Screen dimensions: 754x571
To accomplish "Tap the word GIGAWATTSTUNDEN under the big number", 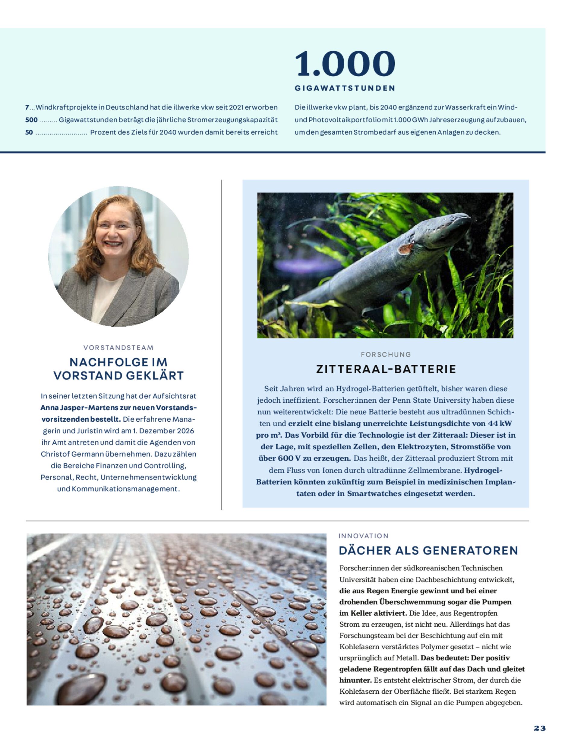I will (x=345, y=88).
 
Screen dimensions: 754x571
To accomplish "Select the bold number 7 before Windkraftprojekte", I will (x=27, y=107).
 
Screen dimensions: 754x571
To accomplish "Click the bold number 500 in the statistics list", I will (x=31, y=120).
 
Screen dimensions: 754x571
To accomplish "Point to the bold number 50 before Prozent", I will (x=29, y=132).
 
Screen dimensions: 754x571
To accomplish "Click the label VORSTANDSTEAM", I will (x=118, y=348).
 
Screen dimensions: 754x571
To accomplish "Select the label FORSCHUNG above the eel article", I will (x=386, y=354).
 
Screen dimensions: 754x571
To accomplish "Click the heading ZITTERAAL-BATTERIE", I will (x=386, y=369).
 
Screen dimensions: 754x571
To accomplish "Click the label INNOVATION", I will (x=364, y=536).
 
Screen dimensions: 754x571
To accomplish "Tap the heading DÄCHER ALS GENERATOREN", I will (x=428, y=550).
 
